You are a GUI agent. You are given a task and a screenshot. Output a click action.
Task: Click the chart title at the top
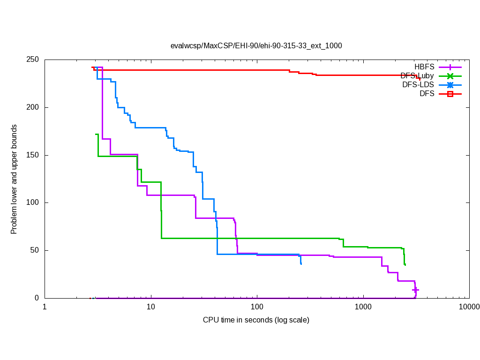[256, 45]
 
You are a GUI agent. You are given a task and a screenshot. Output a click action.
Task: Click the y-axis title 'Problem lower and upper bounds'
[15, 180]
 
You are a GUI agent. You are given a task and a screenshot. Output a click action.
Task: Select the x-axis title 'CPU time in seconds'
[256, 320]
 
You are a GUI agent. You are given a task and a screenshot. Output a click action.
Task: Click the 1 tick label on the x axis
[45, 307]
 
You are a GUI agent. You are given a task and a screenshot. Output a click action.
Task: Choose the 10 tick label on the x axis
[150, 307]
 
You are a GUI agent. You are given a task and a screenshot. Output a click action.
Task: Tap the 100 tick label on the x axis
[257, 307]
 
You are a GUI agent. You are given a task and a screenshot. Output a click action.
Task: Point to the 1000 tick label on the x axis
[363, 307]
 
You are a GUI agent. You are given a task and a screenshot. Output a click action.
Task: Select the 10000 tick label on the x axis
[469, 307]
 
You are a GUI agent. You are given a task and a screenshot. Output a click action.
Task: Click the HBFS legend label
[424, 67]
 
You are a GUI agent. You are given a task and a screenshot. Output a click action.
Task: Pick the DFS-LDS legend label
[418, 85]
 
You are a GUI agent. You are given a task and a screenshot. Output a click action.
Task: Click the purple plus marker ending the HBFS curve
[415, 290]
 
